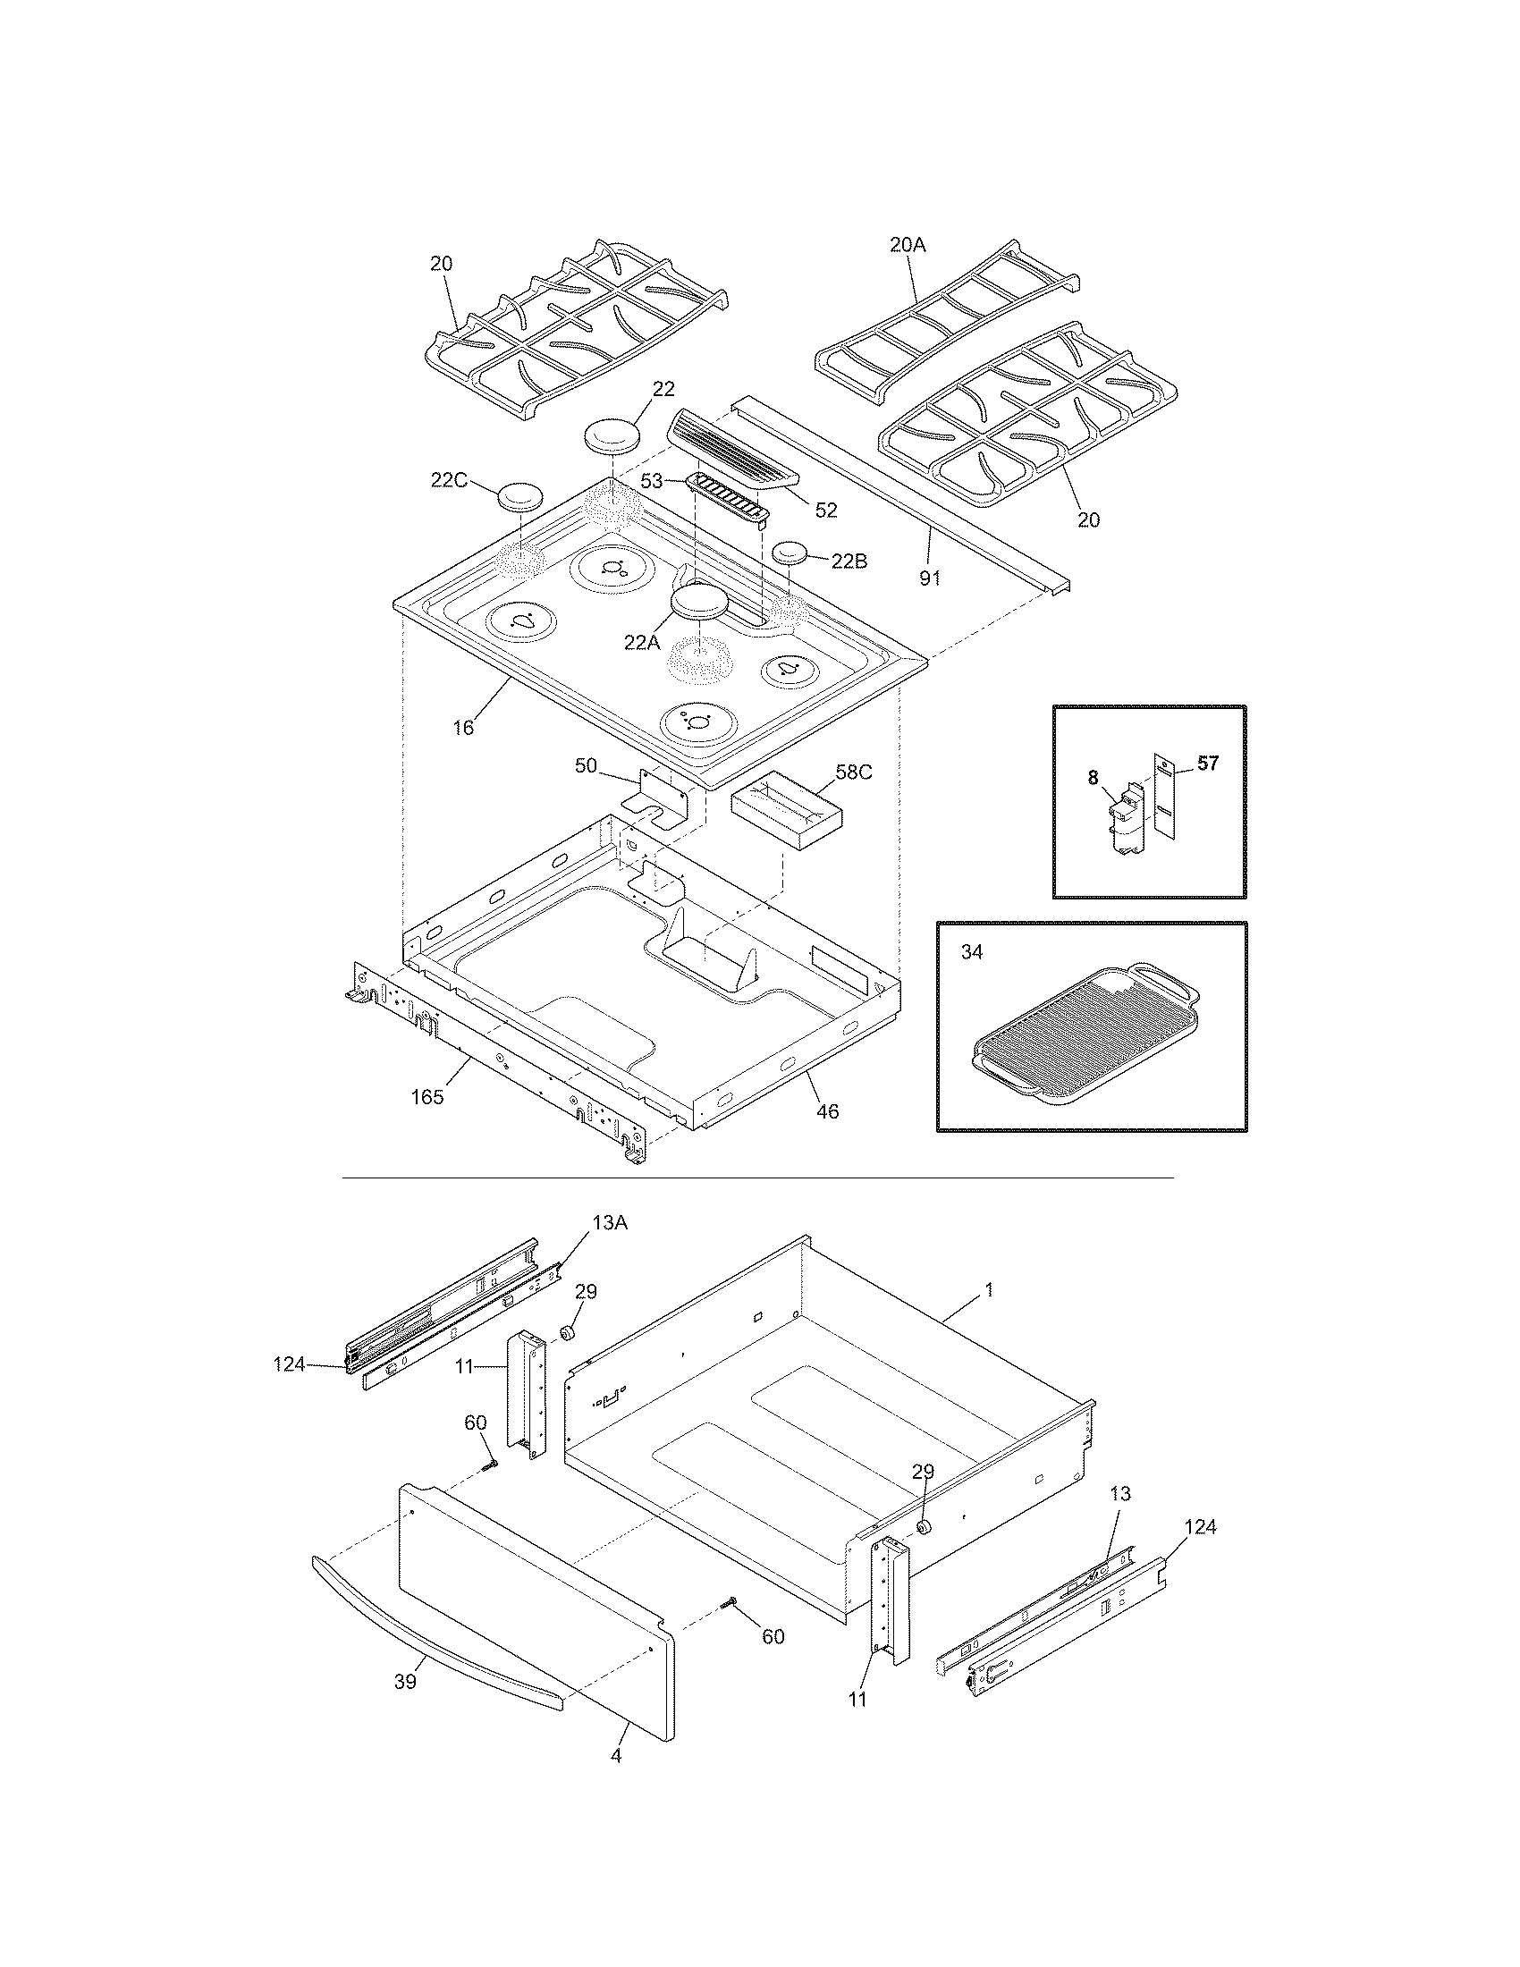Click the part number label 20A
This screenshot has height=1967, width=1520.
[908, 244]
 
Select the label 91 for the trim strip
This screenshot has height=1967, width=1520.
[929, 578]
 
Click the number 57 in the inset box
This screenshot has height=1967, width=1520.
[1208, 764]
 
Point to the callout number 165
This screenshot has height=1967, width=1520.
[427, 1097]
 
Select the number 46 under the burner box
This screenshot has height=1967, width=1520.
[827, 1111]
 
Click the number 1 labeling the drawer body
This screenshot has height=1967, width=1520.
[989, 1289]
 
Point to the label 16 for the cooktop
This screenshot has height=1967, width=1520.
[463, 727]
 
